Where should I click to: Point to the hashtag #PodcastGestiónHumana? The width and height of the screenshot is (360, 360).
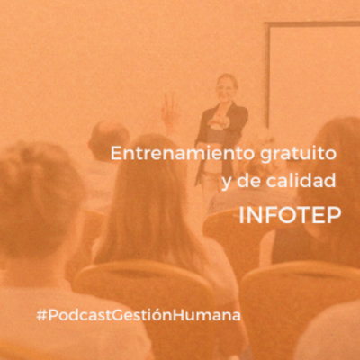[139, 315]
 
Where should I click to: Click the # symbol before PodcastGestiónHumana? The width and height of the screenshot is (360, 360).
[41, 315]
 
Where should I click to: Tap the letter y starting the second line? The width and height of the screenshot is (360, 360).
[225, 184]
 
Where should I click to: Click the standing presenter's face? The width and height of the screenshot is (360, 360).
[224, 87]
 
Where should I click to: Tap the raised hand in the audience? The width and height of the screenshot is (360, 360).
[169, 112]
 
